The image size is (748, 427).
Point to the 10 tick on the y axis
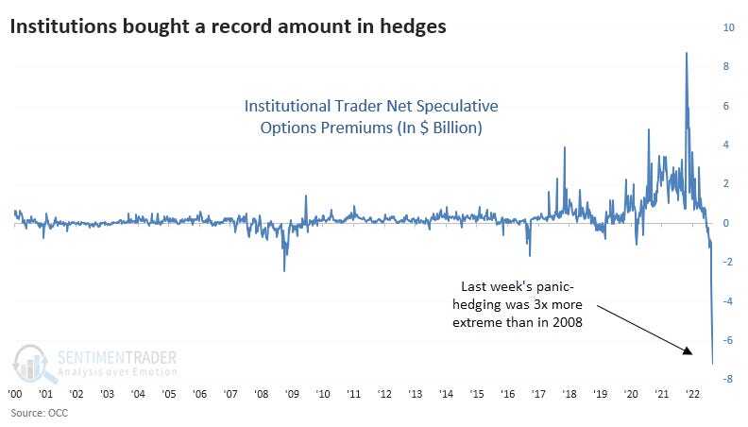coord(727,27)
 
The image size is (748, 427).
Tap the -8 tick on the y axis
coord(727,379)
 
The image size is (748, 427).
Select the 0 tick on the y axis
coord(728,223)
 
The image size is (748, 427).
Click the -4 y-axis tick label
coord(727,301)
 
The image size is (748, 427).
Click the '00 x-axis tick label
coord(16,394)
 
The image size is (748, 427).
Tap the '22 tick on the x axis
coord(691,394)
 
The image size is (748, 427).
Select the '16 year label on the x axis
coord(507,394)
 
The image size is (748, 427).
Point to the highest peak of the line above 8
coord(686,53)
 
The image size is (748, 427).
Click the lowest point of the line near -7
coord(712,363)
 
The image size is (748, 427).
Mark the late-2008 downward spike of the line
coord(284,270)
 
